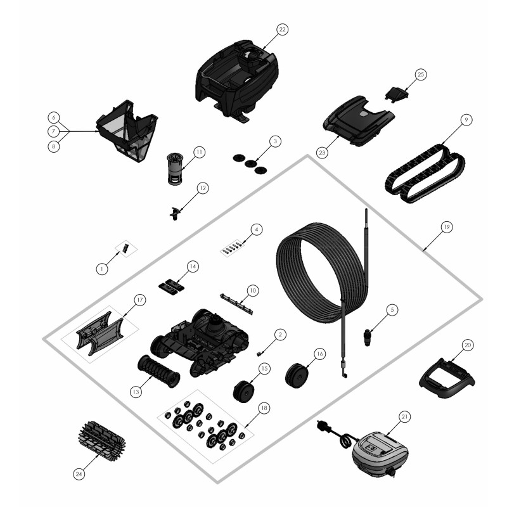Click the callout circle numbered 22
click(x=282, y=29)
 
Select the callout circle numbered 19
click(x=446, y=227)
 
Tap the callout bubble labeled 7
click(x=54, y=131)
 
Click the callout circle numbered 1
click(x=102, y=269)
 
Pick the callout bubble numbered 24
click(x=79, y=474)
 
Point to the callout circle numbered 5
click(x=392, y=310)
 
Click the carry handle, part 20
click(x=446, y=378)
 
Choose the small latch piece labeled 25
click(x=397, y=94)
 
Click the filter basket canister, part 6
click(x=127, y=131)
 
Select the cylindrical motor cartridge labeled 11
click(x=175, y=169)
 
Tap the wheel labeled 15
click(x=243, y=392)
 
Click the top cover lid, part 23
click(x=359, y=121)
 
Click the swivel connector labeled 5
click(x=368, y=337)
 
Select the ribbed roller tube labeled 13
click(x=159, y=371)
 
